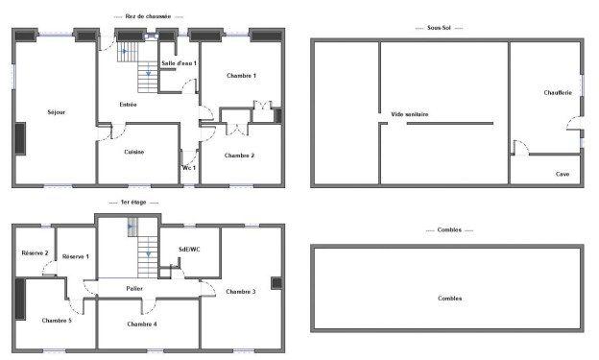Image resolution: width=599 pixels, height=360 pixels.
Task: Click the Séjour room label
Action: [x=56, y=113]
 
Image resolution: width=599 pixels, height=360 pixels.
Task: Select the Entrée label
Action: [x=128, y=105]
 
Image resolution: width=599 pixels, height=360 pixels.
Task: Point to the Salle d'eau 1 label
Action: [x=179, y=63]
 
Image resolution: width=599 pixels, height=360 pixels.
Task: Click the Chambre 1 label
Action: [x=241, y=75]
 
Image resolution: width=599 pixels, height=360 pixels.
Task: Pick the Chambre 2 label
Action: [x=239, y=155]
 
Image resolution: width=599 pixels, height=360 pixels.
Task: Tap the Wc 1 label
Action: [x=189, y=168]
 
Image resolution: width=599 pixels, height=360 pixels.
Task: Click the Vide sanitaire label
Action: [x=409, y=114]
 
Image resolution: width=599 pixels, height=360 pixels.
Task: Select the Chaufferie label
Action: [x=558, y=92]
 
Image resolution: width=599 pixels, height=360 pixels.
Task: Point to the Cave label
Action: [x=563, y=174]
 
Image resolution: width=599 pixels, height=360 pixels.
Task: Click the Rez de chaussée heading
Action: [x=148, y=16]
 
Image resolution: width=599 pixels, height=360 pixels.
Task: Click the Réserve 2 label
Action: [x=35, y=252]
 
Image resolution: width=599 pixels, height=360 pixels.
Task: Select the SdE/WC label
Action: [x=189, y=250]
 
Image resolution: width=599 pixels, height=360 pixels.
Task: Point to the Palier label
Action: [x=134, y=288]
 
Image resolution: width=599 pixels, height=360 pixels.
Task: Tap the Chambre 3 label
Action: [x=241, y=291]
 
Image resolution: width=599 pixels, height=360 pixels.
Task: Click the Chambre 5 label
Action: [x=57, y=320]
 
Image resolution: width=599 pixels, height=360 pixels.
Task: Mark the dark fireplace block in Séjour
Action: [x=19, y=139]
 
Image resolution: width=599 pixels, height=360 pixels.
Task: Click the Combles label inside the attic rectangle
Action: [x=449, y=299]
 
